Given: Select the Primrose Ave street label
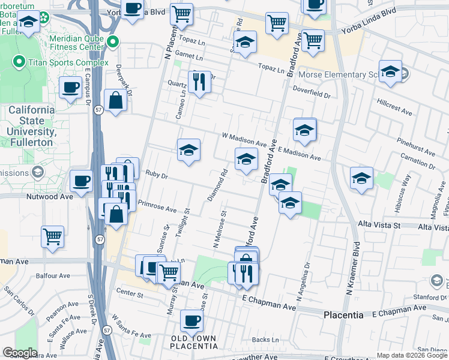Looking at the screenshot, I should point(157,206).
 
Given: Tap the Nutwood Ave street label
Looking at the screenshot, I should point(49,196).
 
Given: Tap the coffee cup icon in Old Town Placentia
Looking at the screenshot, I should point(191,320).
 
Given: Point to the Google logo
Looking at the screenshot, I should point(19,353).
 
